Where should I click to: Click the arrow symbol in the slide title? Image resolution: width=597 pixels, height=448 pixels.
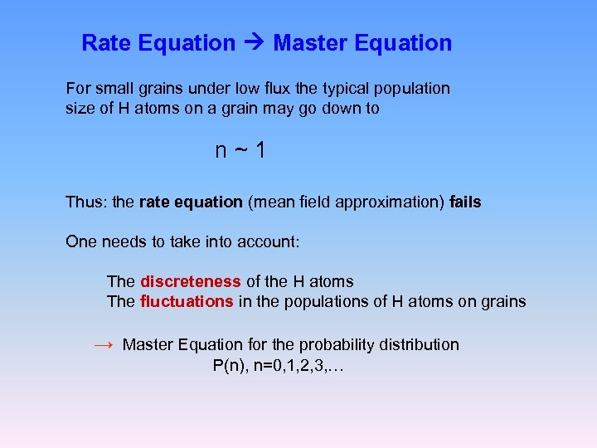255,43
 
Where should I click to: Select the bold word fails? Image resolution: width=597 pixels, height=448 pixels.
465,202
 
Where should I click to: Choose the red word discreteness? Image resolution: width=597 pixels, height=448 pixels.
191,281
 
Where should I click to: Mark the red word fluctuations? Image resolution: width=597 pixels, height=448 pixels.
187,301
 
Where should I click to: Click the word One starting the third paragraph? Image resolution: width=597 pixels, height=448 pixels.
80,241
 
